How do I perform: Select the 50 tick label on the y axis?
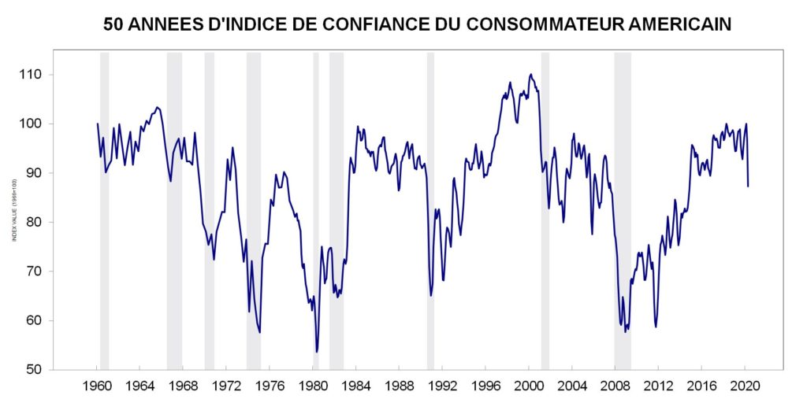[x=68, y=370]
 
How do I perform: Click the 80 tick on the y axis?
[x=68, y=222]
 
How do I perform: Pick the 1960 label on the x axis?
[x=97, y=386]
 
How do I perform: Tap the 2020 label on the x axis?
[x=746, y=386]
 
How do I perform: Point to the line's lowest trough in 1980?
[x=317, y=352]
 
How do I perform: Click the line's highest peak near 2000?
[x=531, y=75]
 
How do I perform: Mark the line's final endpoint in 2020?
[x=748, y=187]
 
